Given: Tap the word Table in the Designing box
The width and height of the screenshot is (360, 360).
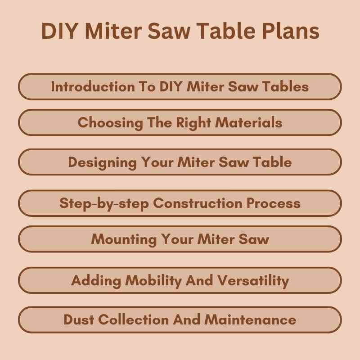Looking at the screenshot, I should [x=271, y=162].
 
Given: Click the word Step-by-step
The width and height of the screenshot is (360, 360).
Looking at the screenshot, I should [x=104, y=203].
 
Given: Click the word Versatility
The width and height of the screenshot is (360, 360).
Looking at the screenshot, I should [x=253, y=280].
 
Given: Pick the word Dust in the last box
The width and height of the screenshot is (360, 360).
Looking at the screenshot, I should [x=79, y=320].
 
